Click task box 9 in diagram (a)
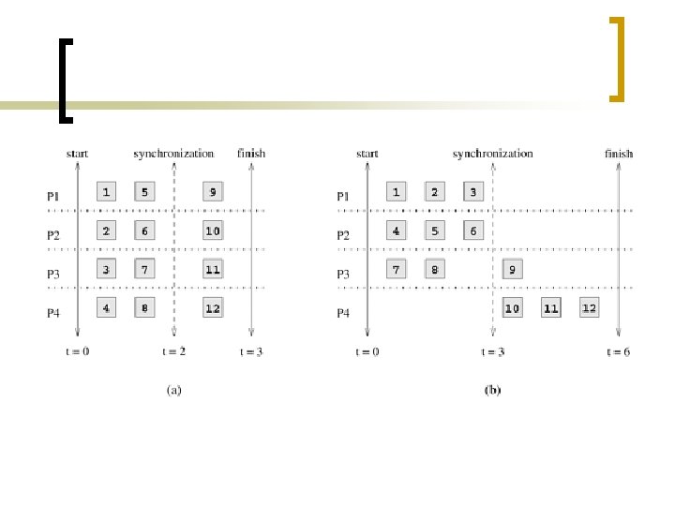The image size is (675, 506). tap(213, 192)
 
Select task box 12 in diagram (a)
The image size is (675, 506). tap(213, 307)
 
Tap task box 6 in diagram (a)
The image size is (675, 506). tap(144, 231)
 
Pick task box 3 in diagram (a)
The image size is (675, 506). tap(106, 270)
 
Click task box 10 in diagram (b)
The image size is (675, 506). tap(512, 307)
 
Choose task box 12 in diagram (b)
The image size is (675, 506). tap(589, 307)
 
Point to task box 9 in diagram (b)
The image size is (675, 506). tap(512, 270)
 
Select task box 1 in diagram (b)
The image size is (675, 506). tap(397, 192)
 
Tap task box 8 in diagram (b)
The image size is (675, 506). tap(435, 270)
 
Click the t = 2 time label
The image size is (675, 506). tap(174, 351)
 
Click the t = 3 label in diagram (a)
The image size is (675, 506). tap(252, 351)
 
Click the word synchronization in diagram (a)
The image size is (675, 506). tap(173, 153)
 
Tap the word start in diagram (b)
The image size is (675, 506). tap(367, 153)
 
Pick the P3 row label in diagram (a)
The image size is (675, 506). tap(53, 275)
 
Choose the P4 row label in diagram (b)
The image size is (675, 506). tap(343, 313)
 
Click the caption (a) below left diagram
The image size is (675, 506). tap(173, 391)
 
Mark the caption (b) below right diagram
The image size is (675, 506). tap(492, 391)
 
